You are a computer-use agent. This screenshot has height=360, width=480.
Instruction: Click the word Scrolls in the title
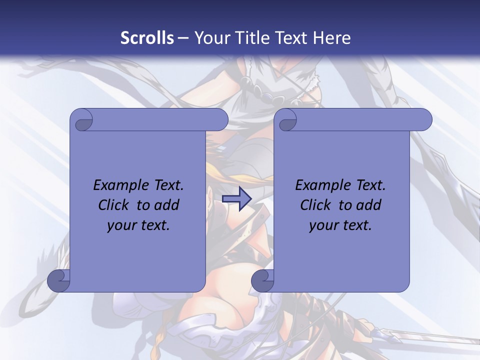[x=147, y=37]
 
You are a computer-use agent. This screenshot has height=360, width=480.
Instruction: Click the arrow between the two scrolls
[x=236, y=199]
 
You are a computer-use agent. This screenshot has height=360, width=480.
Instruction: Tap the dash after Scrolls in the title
[x=183, y=38]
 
